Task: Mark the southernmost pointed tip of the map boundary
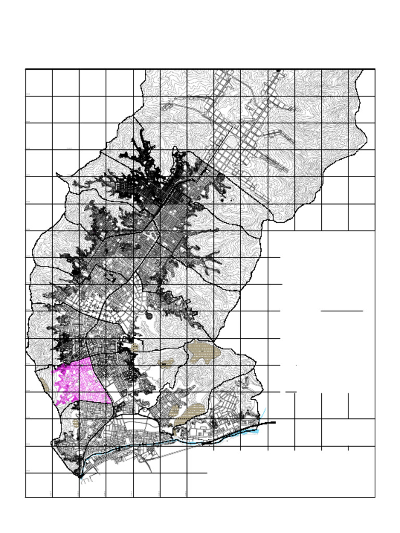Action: pyautogui.click(x=80, y=476)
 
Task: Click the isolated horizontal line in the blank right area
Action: pyautogui.click(x=342, y=311)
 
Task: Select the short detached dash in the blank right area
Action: pyautogui.click(x=291, y=391)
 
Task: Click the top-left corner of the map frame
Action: pyautogui.click(x=26, y=69)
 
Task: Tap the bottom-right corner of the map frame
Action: pyautogui.click(x=375, y=497)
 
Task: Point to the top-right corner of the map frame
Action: pyautogui.click(x=375, y=69)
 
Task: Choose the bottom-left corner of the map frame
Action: pyautogui.click(x=26, y=497)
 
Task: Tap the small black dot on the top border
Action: pyautogui.click(x=279, y=70)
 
